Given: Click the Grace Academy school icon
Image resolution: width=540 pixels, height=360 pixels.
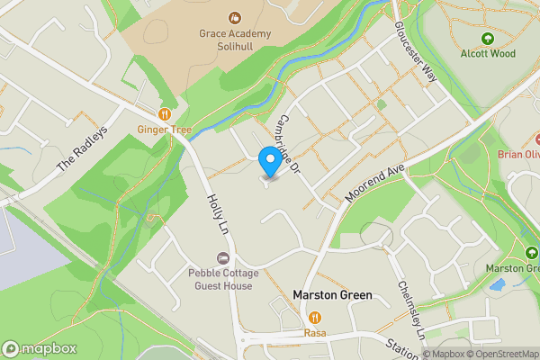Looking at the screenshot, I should coord(234,17).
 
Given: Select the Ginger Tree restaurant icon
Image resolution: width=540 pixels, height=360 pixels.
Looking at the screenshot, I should coord(165,114).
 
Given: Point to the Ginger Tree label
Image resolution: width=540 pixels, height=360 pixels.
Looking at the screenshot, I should coord(165,130).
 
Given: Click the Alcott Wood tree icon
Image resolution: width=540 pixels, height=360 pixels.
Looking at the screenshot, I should coord(487,39).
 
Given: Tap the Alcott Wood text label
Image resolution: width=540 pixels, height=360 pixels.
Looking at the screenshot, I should coord(487,53).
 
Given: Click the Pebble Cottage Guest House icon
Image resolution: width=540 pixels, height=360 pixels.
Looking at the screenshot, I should coord(220,258).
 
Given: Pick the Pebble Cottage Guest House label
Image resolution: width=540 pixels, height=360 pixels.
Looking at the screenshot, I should coord(220,279).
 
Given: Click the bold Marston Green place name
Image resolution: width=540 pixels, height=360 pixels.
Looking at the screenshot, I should coord(328,294).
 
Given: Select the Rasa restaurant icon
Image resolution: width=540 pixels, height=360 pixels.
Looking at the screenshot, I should coord(315,318).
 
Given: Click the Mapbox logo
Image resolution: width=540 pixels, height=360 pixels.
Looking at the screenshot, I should coord(39,348).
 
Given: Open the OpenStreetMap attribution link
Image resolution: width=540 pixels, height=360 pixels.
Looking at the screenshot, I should coord(501,354).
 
